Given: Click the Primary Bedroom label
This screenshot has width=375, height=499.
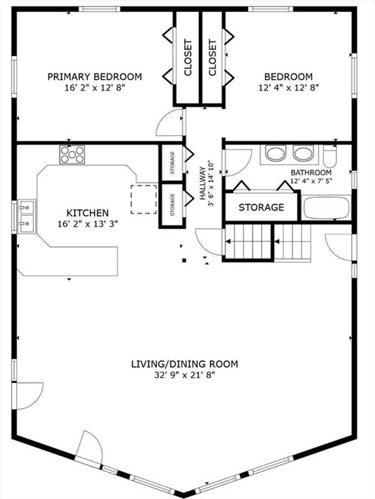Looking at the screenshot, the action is [94, 77].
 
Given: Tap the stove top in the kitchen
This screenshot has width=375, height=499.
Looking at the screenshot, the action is [72, 155].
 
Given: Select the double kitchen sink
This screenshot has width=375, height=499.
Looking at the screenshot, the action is [27, 216].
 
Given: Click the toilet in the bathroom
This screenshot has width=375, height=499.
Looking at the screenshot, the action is [330, 157].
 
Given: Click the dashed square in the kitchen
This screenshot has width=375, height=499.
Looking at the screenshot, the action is [144, 199].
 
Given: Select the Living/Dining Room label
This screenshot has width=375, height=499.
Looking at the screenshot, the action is [185, 364].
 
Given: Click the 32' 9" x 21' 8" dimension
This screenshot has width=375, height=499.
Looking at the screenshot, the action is [185, 375].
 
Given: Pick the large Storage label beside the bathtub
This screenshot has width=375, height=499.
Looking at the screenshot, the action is [261, 207].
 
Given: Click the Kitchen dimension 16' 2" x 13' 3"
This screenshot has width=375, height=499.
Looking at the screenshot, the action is [88, 224].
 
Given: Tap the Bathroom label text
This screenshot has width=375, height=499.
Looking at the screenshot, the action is [311, 173].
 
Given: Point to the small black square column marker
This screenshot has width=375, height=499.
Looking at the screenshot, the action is [184, 261].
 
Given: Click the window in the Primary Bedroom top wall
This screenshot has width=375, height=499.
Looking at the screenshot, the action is [99, 9].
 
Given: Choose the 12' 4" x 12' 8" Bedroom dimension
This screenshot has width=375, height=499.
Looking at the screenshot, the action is [289, 88].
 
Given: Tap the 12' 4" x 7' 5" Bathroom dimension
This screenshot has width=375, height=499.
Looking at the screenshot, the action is [311, 181].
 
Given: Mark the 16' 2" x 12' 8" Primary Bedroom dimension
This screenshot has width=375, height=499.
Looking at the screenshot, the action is [95, 88].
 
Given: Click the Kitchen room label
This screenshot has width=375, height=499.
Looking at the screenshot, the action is [88, 213].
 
